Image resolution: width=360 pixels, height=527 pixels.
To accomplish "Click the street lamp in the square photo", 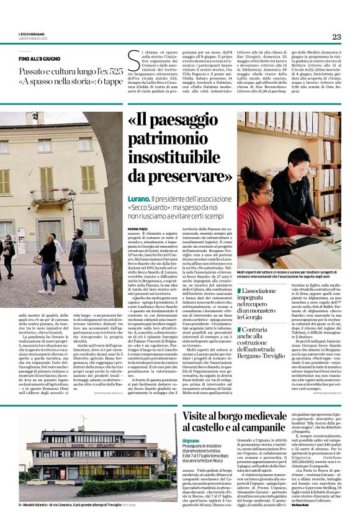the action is pos(73,211).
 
